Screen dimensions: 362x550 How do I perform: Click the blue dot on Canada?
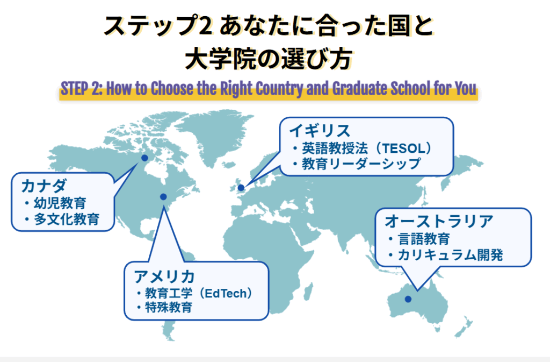coord(144,158)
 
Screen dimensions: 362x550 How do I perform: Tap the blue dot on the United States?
coord(163,197)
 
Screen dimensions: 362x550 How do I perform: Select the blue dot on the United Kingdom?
coord(241,188)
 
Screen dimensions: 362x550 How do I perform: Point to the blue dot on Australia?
coord(408,299)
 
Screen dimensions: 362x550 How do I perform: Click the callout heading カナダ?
coord(44,187)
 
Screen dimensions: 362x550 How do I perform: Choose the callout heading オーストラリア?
coord(439,221)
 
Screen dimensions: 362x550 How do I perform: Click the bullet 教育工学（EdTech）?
coord(198,293)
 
